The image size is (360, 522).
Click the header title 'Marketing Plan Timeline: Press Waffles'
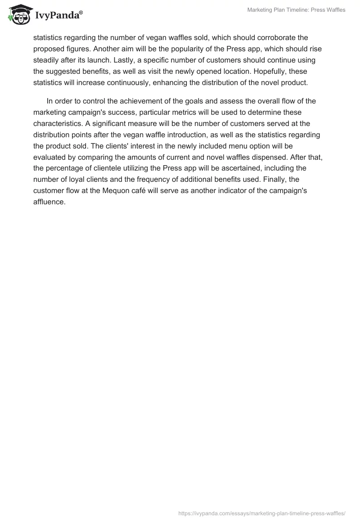point(296,10)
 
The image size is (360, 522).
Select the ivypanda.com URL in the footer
point(262,513)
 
